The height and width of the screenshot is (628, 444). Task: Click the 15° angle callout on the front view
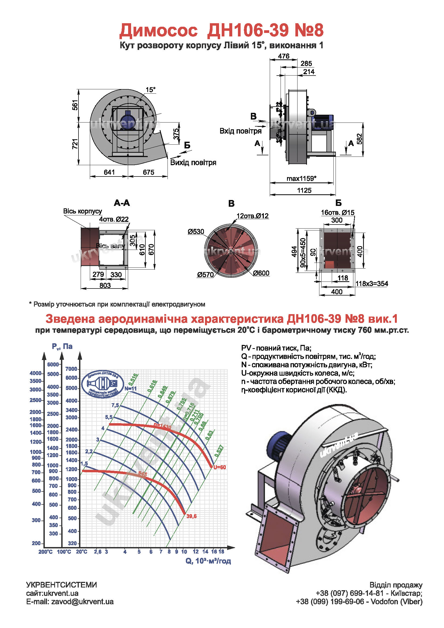pos(150,90)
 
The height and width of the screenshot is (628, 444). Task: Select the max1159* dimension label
pos(301,179)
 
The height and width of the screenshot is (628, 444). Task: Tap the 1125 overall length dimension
pos(304,190)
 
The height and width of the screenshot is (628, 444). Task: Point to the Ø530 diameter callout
pos(196,232)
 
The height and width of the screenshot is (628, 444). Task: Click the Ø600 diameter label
pos(261,273)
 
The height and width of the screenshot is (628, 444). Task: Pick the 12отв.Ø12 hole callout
pos(252,216)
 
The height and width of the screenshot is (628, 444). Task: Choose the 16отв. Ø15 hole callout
pos(337,212)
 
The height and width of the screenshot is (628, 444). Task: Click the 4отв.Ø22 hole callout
pos(114,219)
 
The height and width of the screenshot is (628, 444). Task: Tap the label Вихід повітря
pos(193,162)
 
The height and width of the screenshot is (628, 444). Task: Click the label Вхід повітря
pos(241,131)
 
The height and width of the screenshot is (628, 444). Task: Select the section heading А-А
pos(122,203)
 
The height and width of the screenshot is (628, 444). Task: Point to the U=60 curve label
pos(220,467)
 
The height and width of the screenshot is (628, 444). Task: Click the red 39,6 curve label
pos(191,516)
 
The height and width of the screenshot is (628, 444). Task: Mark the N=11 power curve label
pos(130,389)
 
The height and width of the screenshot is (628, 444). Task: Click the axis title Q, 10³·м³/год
pos(208,561)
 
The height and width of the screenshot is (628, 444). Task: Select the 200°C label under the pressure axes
pos(45,552)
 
